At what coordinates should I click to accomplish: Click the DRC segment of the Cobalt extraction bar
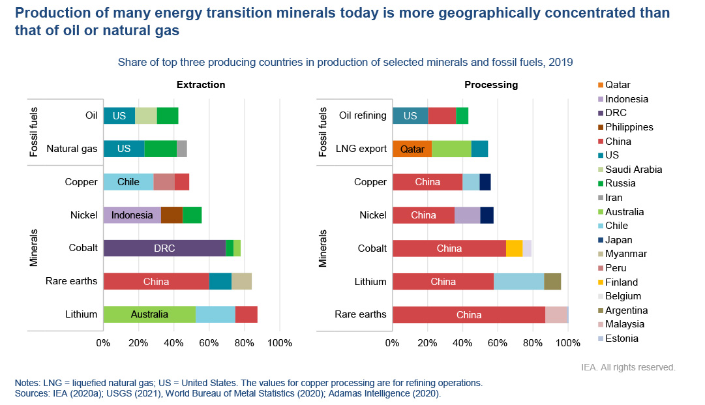[164, 248]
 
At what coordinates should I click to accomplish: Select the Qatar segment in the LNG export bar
[412, 149]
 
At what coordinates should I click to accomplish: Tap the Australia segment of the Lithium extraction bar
[149, 314]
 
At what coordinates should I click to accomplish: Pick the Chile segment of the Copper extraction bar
[128, 181]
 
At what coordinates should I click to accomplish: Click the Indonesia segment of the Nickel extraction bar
[132, 215]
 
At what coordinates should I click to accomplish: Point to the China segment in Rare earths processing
[469, 314]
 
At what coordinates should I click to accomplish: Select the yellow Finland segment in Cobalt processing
[514, 248]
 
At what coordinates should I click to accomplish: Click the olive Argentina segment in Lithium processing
[552, 281]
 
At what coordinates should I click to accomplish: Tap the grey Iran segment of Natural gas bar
[182, 149]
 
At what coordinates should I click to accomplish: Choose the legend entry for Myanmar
[625, 254]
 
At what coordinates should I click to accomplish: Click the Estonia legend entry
[622, 338]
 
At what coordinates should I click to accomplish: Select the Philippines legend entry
[629, 127]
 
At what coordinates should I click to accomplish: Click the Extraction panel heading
[201, 85]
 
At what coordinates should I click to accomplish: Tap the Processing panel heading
[491, 85]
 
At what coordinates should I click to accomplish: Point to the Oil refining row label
[363, 115]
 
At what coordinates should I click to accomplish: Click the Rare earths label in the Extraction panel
[71, 281]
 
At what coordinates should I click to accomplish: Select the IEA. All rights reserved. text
[627, 367]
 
